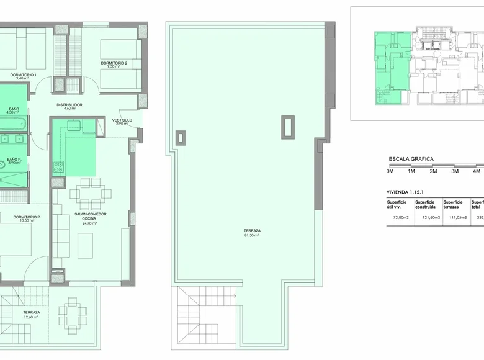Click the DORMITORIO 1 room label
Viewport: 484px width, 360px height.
[x=23, y=75]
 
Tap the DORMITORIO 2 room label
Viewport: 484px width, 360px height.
[x=114, y=63]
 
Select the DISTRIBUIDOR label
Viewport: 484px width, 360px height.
[x=69, y=105]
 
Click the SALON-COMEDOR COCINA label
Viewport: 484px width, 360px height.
[x=91, y=216]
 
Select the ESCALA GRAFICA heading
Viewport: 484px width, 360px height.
[x=411, y=160]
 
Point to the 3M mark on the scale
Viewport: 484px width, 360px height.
[x=454, y=171]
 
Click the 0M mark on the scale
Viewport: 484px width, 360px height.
[x=390, y=171]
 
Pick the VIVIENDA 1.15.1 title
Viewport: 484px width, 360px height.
[x=409, y=193]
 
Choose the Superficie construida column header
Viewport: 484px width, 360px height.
[x=427, y=204]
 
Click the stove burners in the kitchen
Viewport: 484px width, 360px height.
[x=58, y=166]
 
